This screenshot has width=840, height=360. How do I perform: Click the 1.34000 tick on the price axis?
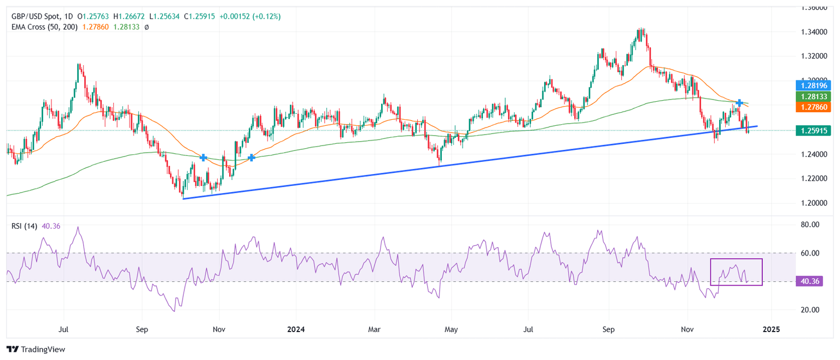click(x=813, y=32)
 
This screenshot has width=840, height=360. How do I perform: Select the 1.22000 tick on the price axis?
click(x=813, y=179)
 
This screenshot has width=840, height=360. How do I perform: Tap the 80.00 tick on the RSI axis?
click(x=810, y=224)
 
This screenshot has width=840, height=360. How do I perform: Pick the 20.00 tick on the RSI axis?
click(x=810, y=310)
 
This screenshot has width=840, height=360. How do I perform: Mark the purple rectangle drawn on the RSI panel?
click(x=736, y=272)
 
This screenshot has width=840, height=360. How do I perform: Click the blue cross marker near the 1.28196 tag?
click(x=739, y=103)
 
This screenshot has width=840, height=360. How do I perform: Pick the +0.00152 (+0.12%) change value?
click(x=250, y=16)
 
